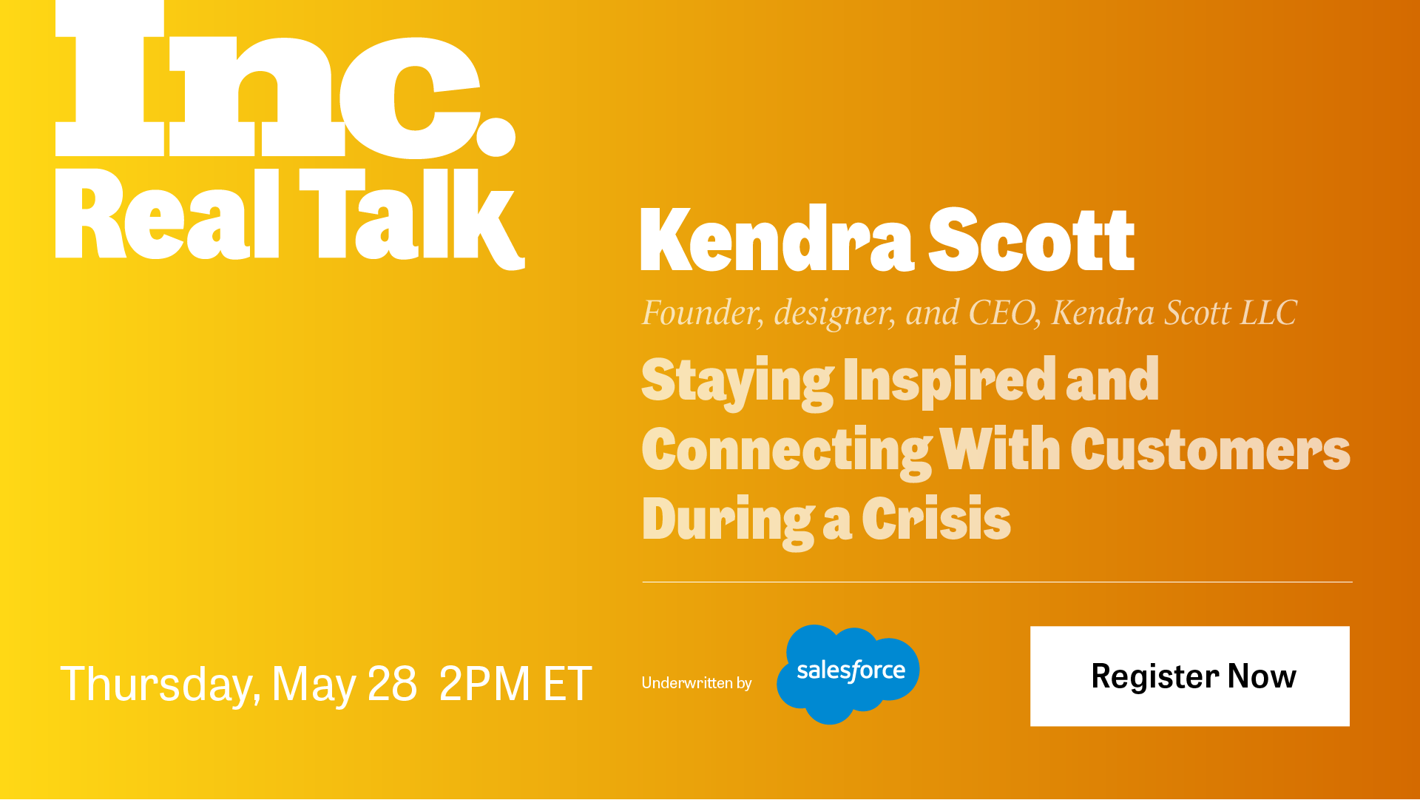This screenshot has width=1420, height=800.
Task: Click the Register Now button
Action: pyautogui.click(x=1189, y=676)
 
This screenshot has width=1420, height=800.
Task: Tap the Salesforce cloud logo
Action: pyautogui.click(x=848, y=674)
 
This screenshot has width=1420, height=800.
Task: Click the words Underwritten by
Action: pyautogui.click(x=697, y=682)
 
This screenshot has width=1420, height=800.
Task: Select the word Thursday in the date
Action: pyautogui.click(x=160, y=684)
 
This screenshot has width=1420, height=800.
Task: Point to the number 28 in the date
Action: pyautogui.click(x=392, y=683)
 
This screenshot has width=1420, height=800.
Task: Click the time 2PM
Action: pyautogui.click(x=485, y=683)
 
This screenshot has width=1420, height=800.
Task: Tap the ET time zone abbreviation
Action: pyautogui.click(x=567, y=683)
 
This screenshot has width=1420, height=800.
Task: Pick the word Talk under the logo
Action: pyautogui.click(x=412, y=218)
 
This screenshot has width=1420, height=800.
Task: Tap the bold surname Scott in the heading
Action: pyautogui.click(x=1031, y=239)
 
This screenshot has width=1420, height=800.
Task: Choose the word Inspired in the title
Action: pyautogui.click(x=950, y=382)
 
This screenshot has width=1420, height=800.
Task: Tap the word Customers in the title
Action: pyautogui.click(x=1210, y=448)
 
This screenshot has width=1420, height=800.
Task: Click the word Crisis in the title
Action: pyautogui.click(x=936, y=518)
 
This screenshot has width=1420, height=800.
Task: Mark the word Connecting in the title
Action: pyautogui.click(x=787, y=451)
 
